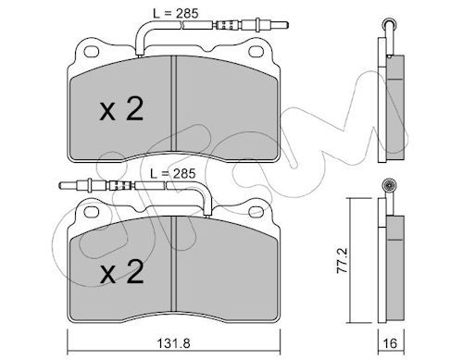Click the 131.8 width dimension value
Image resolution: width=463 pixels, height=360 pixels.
coord(173,343)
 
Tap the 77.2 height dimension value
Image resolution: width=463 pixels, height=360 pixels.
coord(343,260)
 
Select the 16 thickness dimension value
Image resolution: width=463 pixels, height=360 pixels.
coord(390,343)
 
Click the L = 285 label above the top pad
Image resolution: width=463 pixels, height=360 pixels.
coord(176,13)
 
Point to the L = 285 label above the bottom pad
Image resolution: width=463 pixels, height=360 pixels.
coord(173,173)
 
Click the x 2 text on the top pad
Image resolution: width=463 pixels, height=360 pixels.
coord(121,109)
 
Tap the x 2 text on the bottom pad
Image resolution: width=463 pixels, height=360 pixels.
coord(121,271)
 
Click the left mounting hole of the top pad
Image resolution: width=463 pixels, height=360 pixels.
coord(92,52)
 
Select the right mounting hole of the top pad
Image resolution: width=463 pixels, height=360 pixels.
coord(256,52)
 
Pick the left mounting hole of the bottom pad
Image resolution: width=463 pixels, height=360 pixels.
coord(92,212)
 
